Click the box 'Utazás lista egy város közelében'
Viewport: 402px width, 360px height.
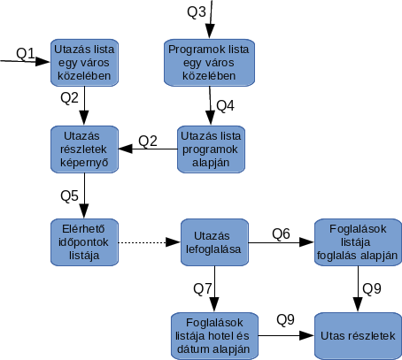[84, 63]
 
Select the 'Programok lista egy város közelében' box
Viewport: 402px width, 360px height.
[209, 63]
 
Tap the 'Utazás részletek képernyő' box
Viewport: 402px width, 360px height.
[84, 149]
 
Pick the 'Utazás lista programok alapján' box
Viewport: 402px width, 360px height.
[211, 149]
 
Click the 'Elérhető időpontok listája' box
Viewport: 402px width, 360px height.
[84, 242]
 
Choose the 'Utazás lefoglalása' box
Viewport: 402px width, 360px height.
[214, 242]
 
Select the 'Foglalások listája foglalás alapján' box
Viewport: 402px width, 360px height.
[358, 242]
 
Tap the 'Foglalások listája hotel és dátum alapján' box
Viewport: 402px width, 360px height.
[214, 336]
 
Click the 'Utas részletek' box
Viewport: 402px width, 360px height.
[358, 336]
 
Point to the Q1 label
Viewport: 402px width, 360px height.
[26, 53]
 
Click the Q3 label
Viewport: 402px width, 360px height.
[197, 11]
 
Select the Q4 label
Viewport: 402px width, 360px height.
[226, 105]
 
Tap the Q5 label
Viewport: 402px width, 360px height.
[69, 195]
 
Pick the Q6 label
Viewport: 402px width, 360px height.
[281, 234]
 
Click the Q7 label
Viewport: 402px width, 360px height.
[203, 288]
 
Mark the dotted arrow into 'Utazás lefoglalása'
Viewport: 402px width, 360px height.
[150, 242]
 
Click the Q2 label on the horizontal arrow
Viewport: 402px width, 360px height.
[148, 142]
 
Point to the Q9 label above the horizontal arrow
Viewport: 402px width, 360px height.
[285, 319]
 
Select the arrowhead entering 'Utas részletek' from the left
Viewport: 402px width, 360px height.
[306, 335]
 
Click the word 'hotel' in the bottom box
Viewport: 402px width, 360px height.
[225, 336]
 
